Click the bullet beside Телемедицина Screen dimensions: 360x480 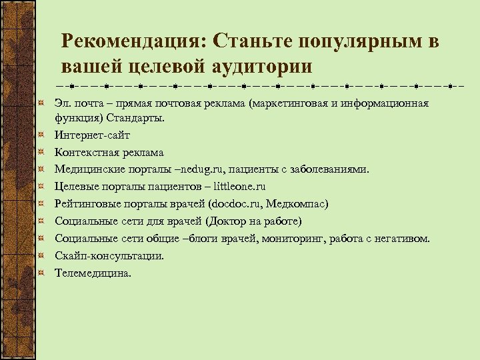41,272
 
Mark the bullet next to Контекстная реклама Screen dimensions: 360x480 41,153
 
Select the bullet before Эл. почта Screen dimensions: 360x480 41,103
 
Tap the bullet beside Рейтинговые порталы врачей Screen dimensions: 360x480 41,204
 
